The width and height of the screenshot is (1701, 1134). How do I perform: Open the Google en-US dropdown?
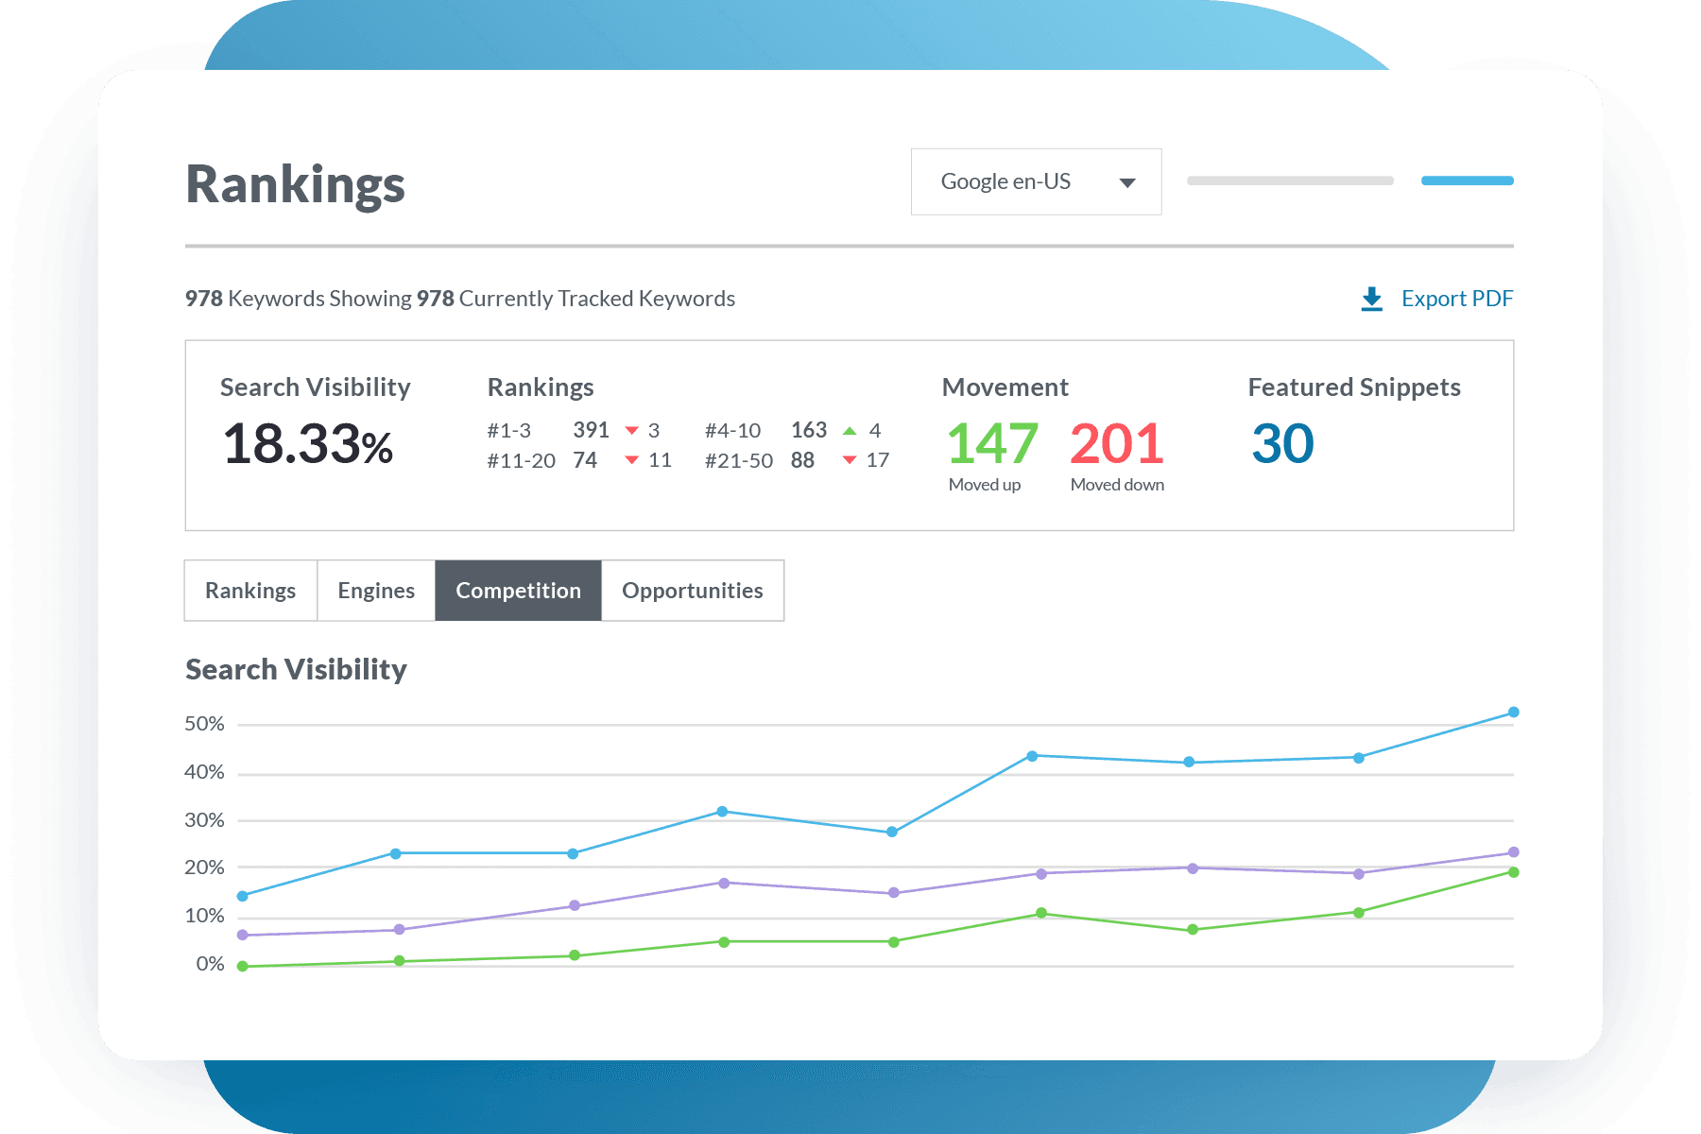(1036, 181)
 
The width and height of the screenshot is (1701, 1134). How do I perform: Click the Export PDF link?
(1456, 299)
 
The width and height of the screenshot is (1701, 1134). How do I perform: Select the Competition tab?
(518, 591)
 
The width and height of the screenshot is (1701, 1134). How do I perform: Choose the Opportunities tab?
(692, 591)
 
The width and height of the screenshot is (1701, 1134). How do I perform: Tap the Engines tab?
(376, 591)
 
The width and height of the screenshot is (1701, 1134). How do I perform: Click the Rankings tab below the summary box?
(250, 591)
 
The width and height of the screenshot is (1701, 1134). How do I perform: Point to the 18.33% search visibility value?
(307, 444)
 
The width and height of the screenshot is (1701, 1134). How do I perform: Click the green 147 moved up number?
(992, 444)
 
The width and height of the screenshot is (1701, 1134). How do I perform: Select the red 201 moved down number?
(1116, 444)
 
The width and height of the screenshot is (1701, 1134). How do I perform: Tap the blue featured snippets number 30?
(1282, 444)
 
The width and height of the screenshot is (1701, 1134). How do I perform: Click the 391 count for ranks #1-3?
(591, 430)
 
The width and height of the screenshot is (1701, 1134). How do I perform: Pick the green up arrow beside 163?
(850, 431)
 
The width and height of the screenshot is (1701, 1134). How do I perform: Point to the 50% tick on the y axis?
(204, 724)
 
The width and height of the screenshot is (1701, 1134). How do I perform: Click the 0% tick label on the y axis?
(210, 964)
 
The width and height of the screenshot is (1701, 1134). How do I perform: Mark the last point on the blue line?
(1513, 713)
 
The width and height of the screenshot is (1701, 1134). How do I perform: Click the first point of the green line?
(243, 966)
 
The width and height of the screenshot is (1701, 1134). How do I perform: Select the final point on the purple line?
(1513, 852)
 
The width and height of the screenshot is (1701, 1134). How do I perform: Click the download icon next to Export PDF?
(1372, 299)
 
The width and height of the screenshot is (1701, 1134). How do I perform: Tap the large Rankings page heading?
(295, 184)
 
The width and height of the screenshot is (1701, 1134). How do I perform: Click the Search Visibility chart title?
(296, 669)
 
